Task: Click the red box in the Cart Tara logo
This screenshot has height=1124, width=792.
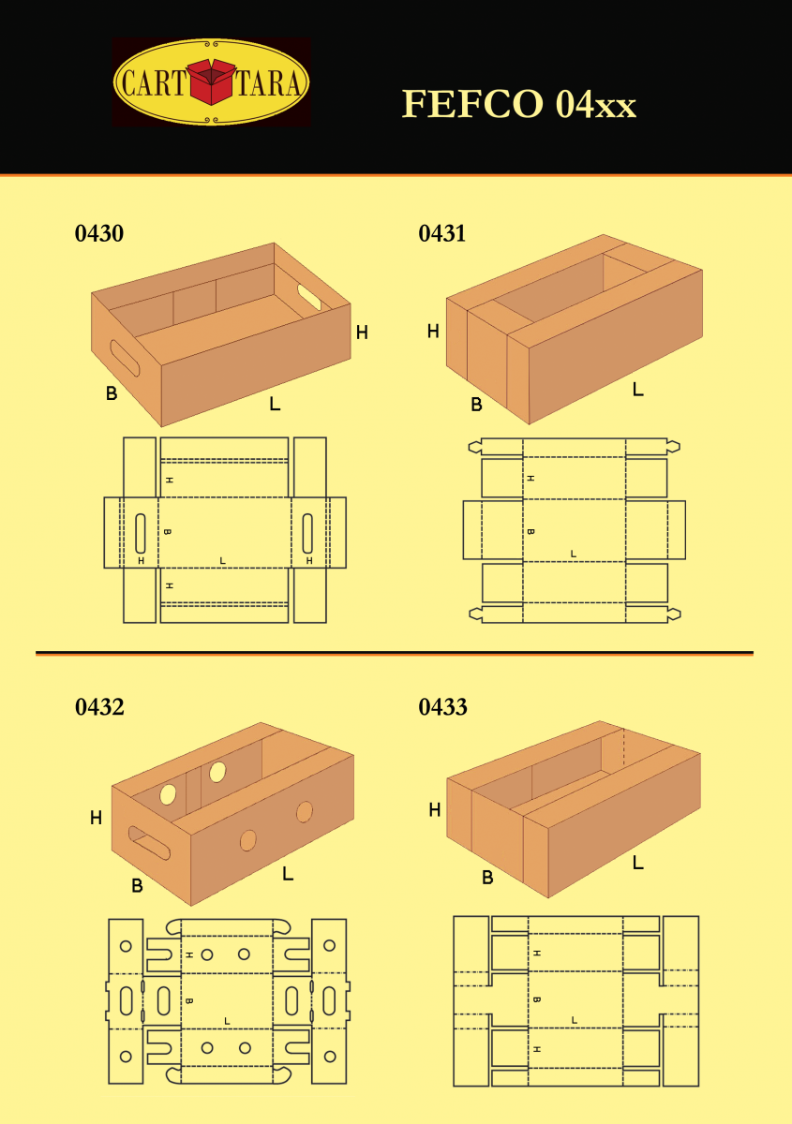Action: click(x=212, y=81)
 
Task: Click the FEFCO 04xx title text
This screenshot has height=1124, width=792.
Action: click(x=519, y=104)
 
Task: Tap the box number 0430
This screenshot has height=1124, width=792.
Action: click(x=99, y=233)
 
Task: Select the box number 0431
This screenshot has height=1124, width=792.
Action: click(x=442, y=233)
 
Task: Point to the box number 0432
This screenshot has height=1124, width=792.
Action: click(x=99, y=707)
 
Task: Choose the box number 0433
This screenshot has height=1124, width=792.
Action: click(x=442, y=707)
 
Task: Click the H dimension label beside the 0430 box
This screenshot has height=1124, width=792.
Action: click(x=362, y=333)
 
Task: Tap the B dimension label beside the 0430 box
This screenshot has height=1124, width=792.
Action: click(x=112, y=392)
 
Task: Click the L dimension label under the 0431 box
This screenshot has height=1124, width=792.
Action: click(x=638, y=389)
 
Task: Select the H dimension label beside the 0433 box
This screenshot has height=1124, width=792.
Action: click(x=435, y=809)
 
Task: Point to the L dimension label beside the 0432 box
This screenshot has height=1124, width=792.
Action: click(x=288, y=874)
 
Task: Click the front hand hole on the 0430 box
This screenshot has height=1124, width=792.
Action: click(x=125, y=358)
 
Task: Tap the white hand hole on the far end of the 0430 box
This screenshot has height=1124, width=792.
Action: click(x=309, y=297)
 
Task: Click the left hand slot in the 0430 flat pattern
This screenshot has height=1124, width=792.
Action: click(x=141, y=533)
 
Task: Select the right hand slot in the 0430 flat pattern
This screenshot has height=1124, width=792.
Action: click(x=307, y=533)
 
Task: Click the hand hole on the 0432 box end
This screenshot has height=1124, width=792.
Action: click(x=149, y=843)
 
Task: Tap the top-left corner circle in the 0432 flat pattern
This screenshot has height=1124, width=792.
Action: click(x=126, y=946)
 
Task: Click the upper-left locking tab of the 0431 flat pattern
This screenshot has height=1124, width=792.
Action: click(x=474, y=447)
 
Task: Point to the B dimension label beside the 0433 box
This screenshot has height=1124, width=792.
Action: click(x=487, y=877)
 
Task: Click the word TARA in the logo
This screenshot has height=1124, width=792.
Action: click(x=268, y=82)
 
